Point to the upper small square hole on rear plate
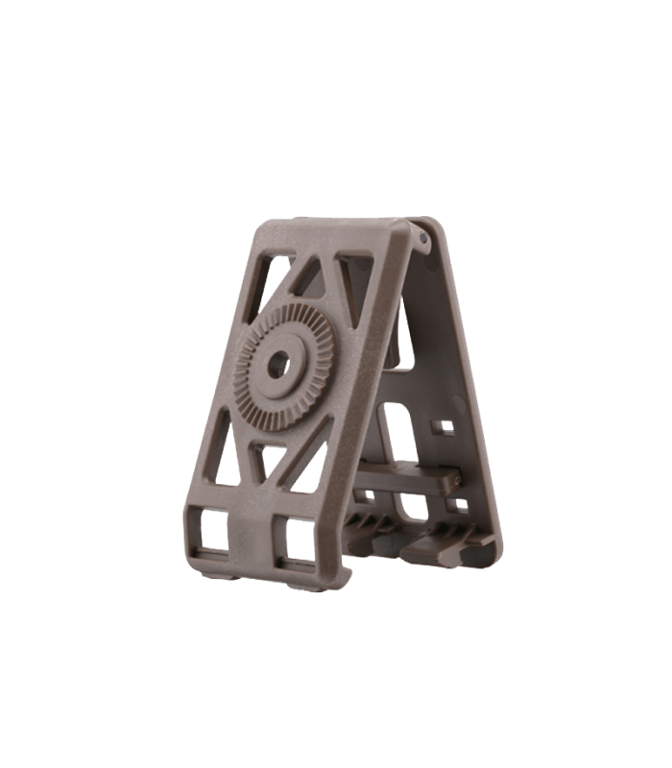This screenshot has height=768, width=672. (x=444, y=423)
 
